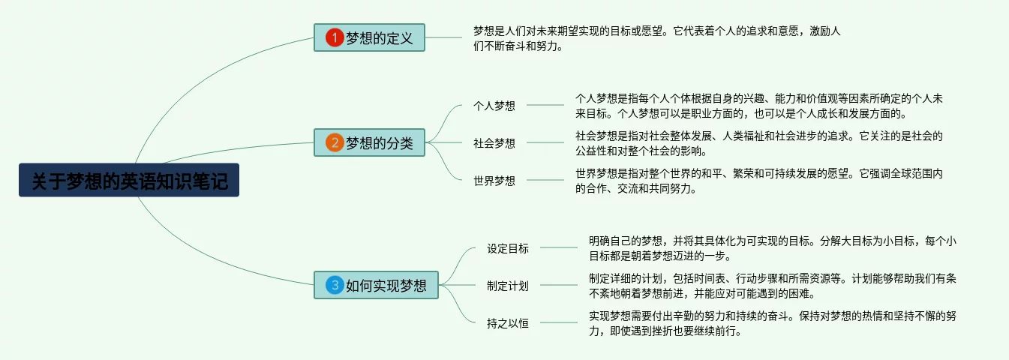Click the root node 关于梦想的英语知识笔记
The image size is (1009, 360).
pos(129,181)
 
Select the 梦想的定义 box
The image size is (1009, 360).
pos(369,37)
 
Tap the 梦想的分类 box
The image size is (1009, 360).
pos(369,142)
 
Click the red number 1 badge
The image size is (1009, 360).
pos(334,37)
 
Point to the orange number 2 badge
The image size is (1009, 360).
pos(334,142)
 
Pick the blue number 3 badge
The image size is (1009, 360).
pos(334,285)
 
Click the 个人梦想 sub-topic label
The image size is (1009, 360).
pos(494,106)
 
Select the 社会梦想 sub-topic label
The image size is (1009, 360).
pos(494,142)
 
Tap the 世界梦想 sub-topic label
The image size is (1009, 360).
pos(494,180)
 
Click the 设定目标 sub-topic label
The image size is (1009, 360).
pos(508,248)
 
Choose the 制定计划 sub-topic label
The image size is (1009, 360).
pos(508,285)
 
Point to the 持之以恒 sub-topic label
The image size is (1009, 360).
pos(508,323)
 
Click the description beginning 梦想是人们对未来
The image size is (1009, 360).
pos(656,38)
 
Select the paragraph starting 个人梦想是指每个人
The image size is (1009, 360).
pos(758,106)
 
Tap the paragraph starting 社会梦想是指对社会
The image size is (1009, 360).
pos(758,143)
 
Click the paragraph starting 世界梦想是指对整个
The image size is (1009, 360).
pos(758,181)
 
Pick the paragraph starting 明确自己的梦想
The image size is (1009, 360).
pos(772,248)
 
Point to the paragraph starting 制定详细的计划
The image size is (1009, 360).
pos(772,286)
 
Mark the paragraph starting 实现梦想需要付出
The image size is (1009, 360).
pos(772,323)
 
